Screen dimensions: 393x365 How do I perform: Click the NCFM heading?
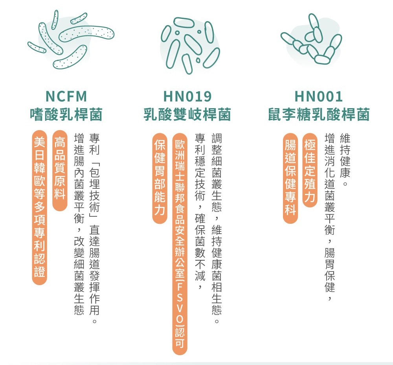pyautogui.click(x=66, y=97)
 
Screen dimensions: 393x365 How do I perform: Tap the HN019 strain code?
pyautogui.click(x=187, y=97)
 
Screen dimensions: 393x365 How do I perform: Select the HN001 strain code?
pyautogui.click(x=319, y=97)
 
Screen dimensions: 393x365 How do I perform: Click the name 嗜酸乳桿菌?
pyautogui.click(x=66, y=114)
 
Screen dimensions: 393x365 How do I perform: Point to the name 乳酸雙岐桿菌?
pyautogui.click(x=187, y=114)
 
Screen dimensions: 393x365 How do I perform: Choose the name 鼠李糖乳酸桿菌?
pyautogui.click(x=319, y=114)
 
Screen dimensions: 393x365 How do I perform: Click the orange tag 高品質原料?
pyautogui.click(x=60, y=170)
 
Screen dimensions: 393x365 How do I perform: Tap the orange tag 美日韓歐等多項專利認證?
pyautogui.click(x=40, y=207)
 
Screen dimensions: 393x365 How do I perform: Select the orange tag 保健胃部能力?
pyautogui.click(x=160, y=178)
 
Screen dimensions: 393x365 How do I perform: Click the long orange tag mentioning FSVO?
pyautogui.click(x=180, y=244)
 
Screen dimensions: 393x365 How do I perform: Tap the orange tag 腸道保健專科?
pyautogui.click(x=290, y=178)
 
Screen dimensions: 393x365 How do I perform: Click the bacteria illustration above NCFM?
pyautogui.click(x=71, y=40)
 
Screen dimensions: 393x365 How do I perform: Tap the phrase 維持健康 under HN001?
pyautogui.click(x=345, y=155)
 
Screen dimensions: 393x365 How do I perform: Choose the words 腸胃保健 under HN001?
pyautogui.click(x=330, y=270)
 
